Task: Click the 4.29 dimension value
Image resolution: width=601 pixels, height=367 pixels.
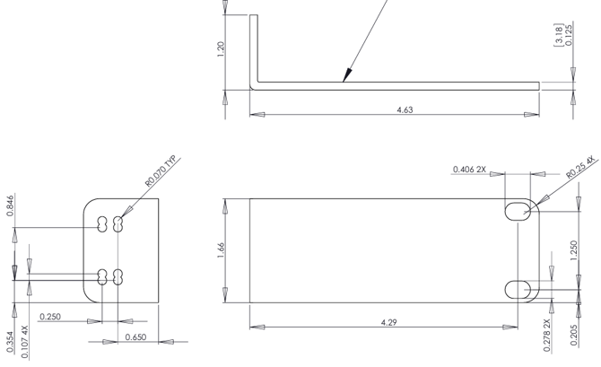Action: (x=388, y=322)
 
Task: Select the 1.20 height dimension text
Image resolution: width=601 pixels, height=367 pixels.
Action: (x=221, y=49)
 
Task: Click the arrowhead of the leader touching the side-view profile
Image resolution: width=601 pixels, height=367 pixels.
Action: (x=344, y=80)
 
